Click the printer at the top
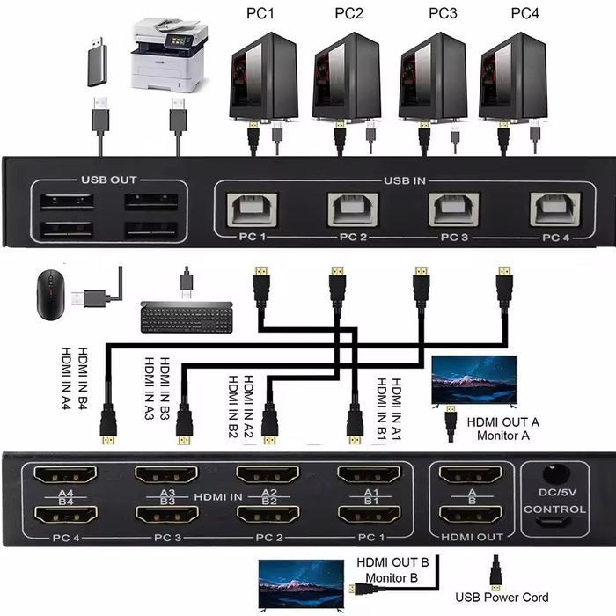(169, 55)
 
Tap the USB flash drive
(99, 62)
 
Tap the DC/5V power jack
(554, 470)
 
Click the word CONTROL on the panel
(554, 509)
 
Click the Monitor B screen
(301, 583)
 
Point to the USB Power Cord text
(502, 598)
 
